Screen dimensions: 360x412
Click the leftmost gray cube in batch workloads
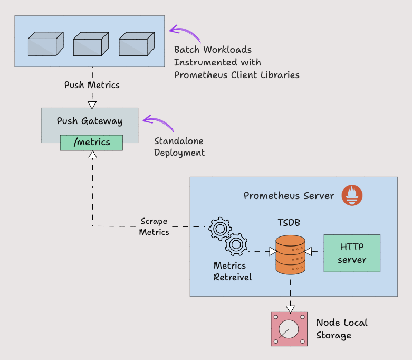(x=42, y=44)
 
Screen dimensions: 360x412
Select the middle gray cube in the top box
(x=88, y=44)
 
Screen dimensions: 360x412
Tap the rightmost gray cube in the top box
(x=133, y=44)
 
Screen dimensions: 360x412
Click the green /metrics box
(x=91, y=143)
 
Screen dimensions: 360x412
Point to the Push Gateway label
(x=90, y=121)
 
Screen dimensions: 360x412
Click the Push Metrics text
(x=92, y=85)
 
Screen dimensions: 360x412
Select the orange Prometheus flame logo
(x=352, y=195)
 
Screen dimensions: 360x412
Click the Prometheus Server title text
(x=289, y=196)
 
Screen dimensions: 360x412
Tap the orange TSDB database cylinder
(x=291, y=254)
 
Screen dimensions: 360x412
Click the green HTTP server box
(x=352, y=253)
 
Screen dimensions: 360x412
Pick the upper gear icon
(x=219, y=228)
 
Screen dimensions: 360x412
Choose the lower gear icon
(x=236, y=244)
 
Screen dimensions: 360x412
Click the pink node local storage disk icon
(x=289, y=329)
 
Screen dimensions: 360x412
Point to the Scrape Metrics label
(x=154, y=226)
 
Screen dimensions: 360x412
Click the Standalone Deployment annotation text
(x=179, y=147)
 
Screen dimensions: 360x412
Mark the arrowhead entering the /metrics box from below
(x=92, y=155)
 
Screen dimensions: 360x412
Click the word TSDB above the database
(x=289, y=223)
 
